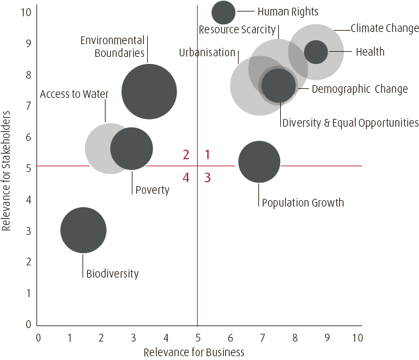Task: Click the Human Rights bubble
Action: [x=223, y=12]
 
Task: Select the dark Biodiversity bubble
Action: [x=83, y=230]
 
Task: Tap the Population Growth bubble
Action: [x=259, y=161]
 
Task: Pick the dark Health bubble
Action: [x=315, y=52]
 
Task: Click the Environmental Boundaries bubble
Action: [x=149, y=91]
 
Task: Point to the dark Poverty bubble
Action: [x=132, y=149]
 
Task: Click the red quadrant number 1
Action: [x=207, y=154]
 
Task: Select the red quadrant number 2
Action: [x=186, y=154]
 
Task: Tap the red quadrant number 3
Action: [x=207, y=178]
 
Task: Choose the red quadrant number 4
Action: [x=186, y=178]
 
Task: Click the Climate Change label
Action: [x=384, y=29]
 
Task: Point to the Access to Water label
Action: [x=74, y=94]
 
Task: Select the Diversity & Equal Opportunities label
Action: [x=350, y=122]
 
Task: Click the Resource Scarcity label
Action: [x=237, y=29]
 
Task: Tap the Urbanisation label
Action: [x=207, y=52]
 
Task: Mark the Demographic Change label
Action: [x=360, y=89]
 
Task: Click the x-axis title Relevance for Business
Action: [x=194, y=352]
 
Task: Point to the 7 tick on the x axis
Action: [x=262, y=336]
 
